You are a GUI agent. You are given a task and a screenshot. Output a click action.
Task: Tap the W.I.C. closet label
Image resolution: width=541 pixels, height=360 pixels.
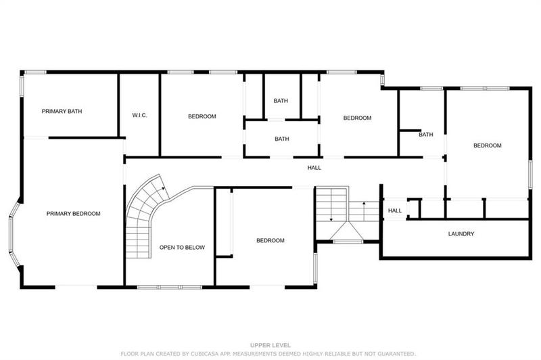tap(140, 116)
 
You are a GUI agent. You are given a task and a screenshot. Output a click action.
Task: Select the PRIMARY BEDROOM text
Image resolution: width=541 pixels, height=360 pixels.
tap(73, 214)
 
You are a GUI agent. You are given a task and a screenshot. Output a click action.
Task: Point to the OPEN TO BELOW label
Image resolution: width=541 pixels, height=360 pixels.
tap(182, 248)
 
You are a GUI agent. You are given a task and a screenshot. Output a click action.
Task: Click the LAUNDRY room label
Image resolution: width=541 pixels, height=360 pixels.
tap(461, 234)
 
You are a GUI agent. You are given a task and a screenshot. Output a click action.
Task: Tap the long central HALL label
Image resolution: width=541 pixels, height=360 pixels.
tap(314, 168)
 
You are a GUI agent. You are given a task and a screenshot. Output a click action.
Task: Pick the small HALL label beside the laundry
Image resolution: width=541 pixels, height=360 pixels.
tap(395, 211)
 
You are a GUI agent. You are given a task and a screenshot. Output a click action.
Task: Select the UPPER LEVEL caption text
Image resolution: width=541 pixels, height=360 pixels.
tap(270, 345)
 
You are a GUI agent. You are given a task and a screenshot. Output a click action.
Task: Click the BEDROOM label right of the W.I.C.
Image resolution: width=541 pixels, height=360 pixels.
tap(202, 116)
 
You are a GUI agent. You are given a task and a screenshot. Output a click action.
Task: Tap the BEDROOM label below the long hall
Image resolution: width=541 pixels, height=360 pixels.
tap(270, 240)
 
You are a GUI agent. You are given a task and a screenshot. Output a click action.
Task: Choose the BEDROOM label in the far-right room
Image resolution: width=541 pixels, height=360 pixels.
tap(487, 145)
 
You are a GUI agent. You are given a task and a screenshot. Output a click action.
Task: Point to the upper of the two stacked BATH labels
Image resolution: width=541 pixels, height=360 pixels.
tap(281, 101)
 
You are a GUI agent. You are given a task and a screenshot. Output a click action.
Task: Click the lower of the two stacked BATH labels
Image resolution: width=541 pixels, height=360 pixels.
tap(282, 139)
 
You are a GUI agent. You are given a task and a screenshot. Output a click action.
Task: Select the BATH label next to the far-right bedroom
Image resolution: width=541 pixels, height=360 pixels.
tap(425, 135)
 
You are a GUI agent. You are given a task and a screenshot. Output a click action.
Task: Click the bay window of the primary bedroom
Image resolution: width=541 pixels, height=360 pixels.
tap(14, 233)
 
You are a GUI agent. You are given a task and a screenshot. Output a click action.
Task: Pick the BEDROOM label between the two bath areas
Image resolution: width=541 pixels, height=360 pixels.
tap(357, 118)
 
